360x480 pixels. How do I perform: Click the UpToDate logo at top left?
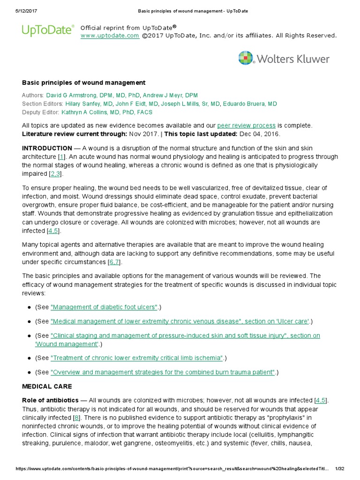point(48,30)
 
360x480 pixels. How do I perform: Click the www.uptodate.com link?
point(110,36)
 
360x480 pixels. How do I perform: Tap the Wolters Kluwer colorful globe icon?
point(246,59)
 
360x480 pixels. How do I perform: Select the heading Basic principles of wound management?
point(84,82)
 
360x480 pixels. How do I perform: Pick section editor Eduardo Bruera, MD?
point(250,104)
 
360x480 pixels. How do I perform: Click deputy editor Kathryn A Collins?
point(107,112)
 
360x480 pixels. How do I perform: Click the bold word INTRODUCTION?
point(47,148)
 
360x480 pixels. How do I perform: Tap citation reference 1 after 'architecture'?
point(62,157)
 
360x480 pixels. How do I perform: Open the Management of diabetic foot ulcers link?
point(104,307)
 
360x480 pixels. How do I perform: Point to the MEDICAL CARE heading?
point(47,387)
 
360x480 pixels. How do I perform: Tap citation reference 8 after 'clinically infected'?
point(76,417)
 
